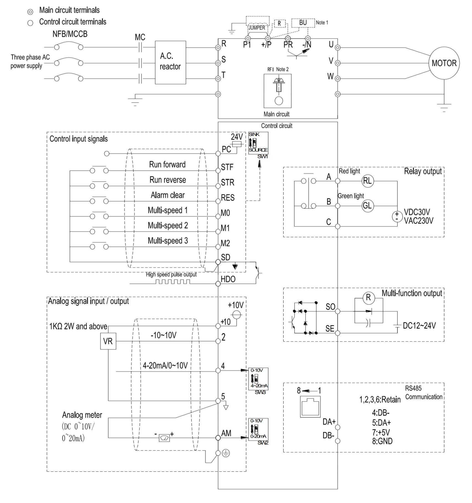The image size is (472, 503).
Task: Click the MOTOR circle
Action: (x=444, y=63)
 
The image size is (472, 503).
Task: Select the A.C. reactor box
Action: (x=170, y=62)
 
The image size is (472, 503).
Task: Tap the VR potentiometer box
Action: (x=108, y=341)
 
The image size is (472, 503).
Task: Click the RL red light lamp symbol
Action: (x=368, y=181)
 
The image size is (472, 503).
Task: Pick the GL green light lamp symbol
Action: (x=368, y=206)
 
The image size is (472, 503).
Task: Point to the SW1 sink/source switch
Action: (x=258, y=143)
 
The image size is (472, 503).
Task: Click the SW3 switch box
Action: (x=258, y=379)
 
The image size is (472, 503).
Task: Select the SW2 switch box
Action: (x=258, y=429)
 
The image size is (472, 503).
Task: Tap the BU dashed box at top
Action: (x=303, y=23)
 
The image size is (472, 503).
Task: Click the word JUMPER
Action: (x=256, y=28)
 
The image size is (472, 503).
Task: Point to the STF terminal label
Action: (x=227, y=167)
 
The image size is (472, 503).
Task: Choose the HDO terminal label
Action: (x=228, y=279)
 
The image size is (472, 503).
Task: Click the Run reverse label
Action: (x=168, y=180)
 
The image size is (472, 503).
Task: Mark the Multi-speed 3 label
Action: (x=168, y=241)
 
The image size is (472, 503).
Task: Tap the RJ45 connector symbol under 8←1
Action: (x=310, y=406)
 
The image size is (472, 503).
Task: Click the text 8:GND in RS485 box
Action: (x=382, y=441)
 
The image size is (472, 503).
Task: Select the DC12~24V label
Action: (x=419, y=325)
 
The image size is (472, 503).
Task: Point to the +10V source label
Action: (x=235, y=305)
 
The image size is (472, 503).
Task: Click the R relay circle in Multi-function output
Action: (x=368, y=298)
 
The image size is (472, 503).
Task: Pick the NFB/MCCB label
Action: (x=70, y=34)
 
